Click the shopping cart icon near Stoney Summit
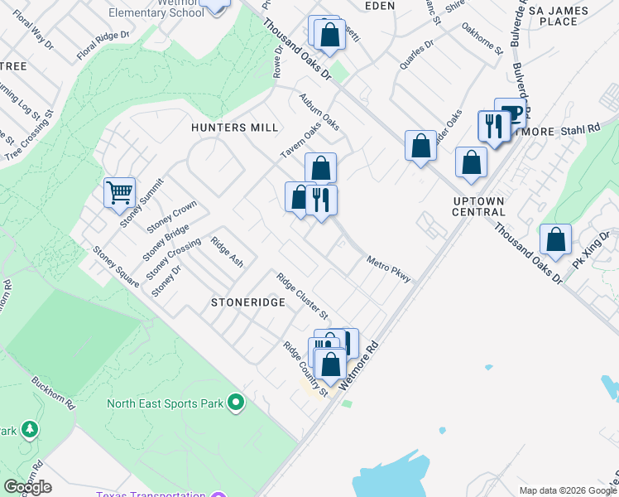pos(120,193)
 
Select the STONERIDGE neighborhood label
pos(248,303)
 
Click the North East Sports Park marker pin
pos(236,403)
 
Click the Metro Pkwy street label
pos(389,268)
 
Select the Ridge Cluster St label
pos(303,297)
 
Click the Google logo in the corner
pos(27,487)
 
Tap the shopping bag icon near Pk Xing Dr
pos(555,240)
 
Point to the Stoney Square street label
pos(115,266)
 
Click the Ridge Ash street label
pos(227,252)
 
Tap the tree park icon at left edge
pos(29,429)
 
